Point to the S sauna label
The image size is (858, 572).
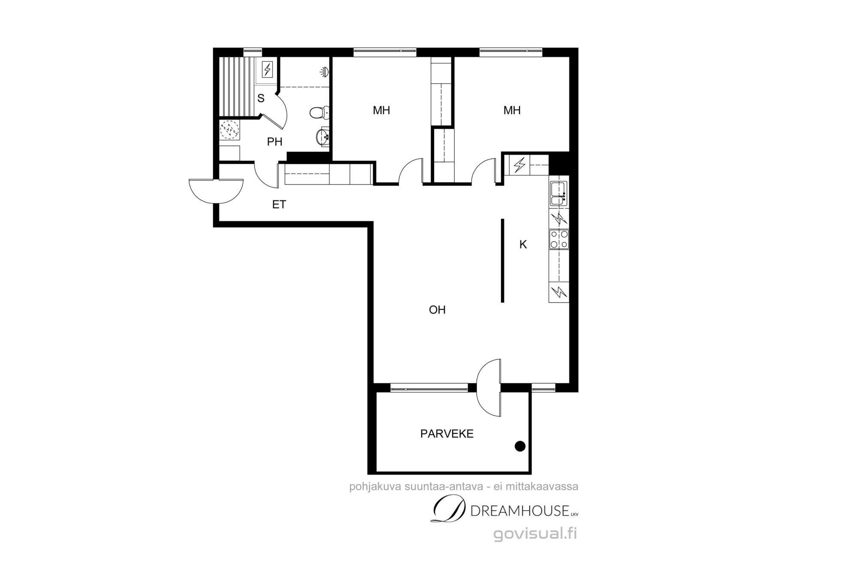click(x=261, y=98)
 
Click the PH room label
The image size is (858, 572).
click(x=275, y=142)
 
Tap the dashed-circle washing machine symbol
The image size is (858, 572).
click(x=230, y=129)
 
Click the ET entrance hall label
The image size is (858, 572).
click(x=279, y=205)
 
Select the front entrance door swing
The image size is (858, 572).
click(x=216, y=191)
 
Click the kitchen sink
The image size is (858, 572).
click(x=559, y=194)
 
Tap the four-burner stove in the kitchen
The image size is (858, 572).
click(x=559, y=239)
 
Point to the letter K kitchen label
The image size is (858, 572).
click(x=523, y=245)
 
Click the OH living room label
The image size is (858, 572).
click(x=437, y=310)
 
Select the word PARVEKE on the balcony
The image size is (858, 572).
click(x=447, y=434)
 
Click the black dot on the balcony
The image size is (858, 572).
click(x=520, y=446)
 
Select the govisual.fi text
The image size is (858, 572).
click(x=535, y=534)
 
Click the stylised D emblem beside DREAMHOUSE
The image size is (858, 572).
click(x=448, y=509)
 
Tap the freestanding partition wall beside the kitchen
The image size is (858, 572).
click(x=503, y=261)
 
